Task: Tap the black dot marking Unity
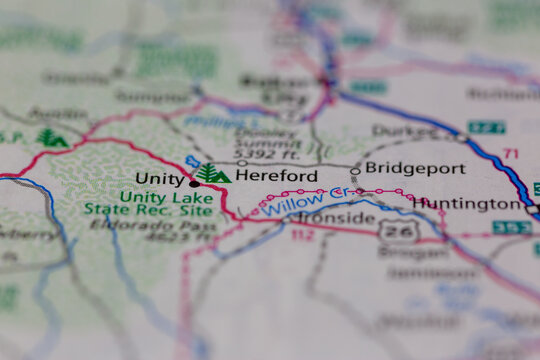[193, 183]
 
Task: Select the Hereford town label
[276, 176]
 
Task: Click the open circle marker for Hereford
[241, 163]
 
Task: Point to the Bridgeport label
[408, 167]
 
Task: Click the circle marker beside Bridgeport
[355, 171]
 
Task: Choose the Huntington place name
[467, 203]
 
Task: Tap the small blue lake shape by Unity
[193, 162]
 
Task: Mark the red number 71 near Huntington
[511, 153]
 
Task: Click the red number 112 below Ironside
[302, 236]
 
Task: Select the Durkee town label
[404, 131]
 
